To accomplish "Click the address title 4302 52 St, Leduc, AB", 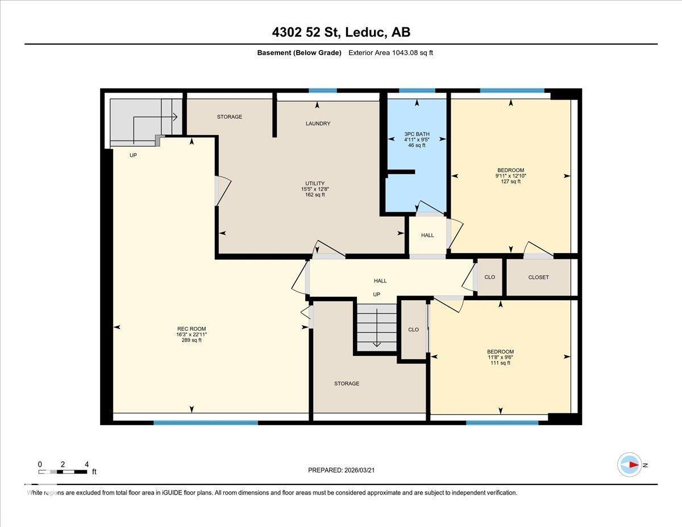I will (x=341, y=32).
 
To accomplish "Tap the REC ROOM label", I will (x=192, y=329).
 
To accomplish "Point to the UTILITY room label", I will (x=314, y=183).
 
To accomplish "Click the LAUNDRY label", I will (x=318, y=123).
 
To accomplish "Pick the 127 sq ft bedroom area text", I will (x=510, y=181).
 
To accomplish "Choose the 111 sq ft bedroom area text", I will (x=500, y=363).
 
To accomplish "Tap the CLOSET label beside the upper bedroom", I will (x=538, y=277).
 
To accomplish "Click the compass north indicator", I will (x=630, y=464).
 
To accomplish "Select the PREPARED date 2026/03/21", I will (x=341, y=470).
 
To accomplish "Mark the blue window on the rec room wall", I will (x=205, y=422).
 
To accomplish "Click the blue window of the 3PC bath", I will (x=417, y=90).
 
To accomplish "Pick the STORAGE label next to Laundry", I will (x=230, y=117).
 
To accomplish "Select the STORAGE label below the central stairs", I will (x=347, y=383).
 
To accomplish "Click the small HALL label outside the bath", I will (x=427, y=235).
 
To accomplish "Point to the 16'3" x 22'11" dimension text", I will (x=192, y=334).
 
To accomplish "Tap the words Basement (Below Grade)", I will (x=299, y=53).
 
